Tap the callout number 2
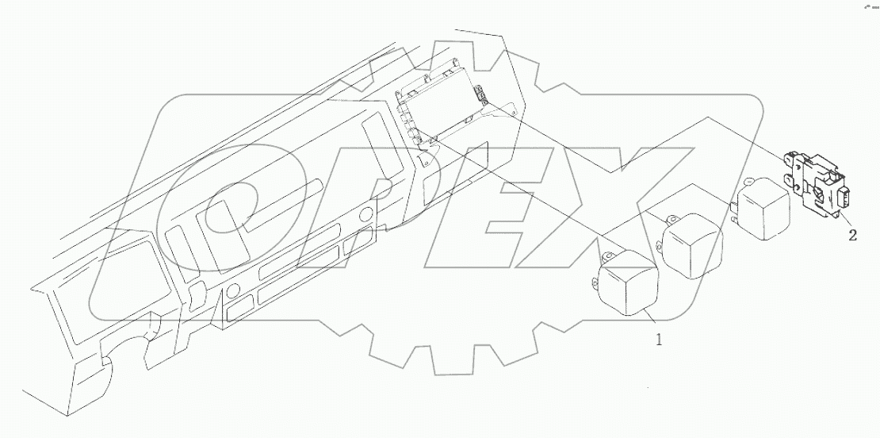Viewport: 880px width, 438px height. click(852, 235)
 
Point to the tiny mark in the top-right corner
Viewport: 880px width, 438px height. click(870, 6)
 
